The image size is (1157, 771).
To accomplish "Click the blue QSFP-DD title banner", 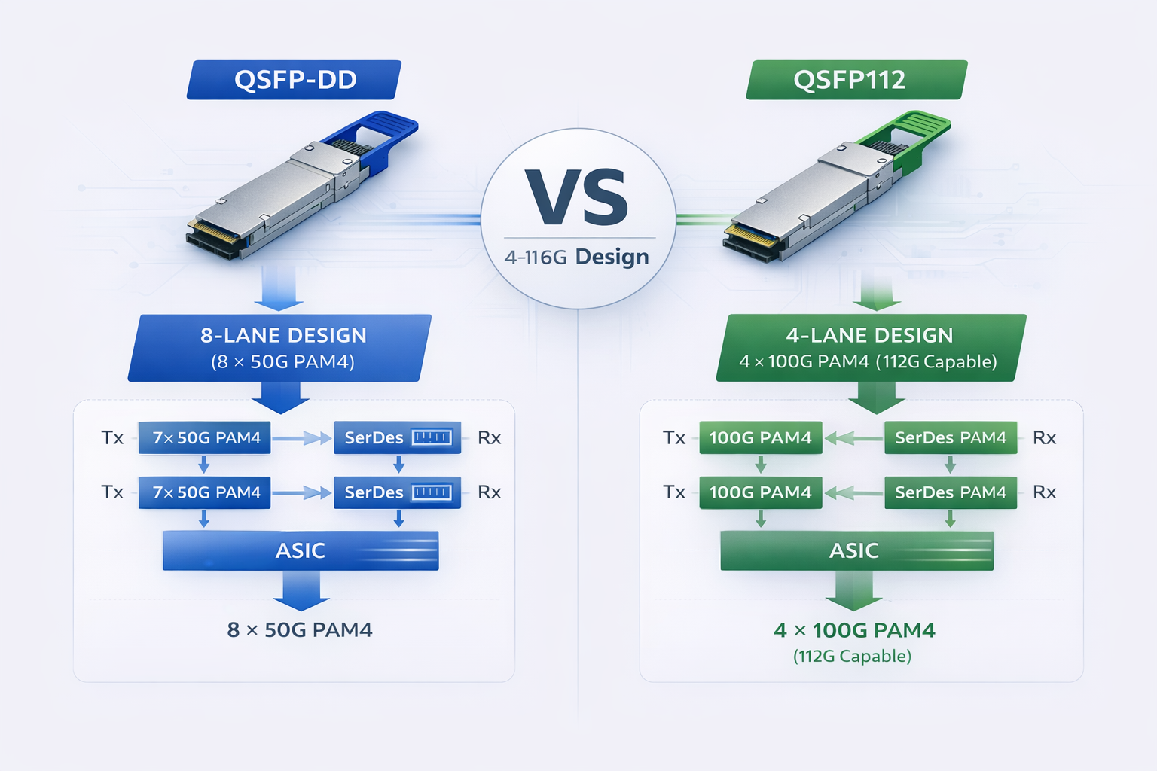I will tap(294, 80).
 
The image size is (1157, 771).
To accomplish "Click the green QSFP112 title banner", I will tap(856, 80).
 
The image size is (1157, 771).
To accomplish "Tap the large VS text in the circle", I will tap(578, 198).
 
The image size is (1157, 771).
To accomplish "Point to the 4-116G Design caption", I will tap(577, 257).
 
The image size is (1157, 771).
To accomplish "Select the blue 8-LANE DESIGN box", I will tap(280, 348).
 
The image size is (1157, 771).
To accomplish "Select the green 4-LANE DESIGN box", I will tap(870, 348).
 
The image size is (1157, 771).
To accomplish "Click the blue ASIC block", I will tap(300, 550).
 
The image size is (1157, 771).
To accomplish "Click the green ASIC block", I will tap(856, 550).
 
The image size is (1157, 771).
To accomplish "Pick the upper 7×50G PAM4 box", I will tap(205, 437).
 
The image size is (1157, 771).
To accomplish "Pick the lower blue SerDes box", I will tap(397, 492).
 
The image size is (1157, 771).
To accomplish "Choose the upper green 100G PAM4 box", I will tap(760, 437).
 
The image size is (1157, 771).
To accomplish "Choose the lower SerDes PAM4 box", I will tap(950, 492).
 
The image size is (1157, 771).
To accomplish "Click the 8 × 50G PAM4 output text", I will tap(300, 630).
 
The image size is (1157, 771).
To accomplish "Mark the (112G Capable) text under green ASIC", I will tap(852, 656).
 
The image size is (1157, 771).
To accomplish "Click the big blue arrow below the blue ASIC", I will tap(301, 590).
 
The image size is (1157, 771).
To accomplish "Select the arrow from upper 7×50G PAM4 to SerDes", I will tap(302, 437).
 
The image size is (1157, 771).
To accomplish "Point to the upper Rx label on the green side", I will tap(1044, 437).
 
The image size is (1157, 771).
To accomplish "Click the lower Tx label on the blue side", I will tap(112, 492).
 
